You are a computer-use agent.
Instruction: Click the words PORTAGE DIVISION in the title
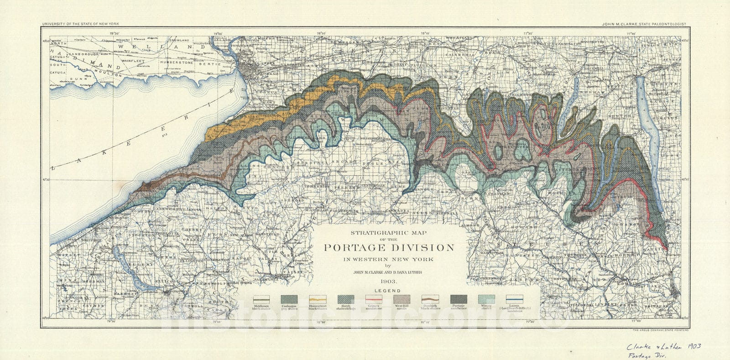389,248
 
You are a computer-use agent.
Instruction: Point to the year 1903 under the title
388,282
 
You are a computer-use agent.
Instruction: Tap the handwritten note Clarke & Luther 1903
663,347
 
